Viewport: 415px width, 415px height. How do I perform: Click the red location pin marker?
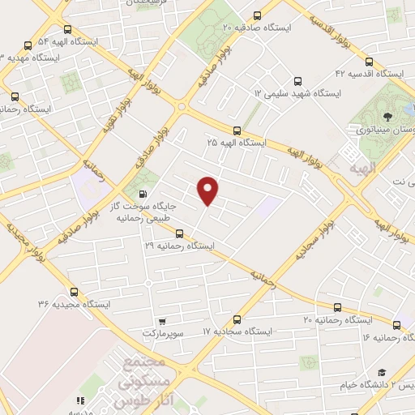click(x=208, y=190)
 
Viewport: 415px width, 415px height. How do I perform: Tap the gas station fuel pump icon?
click(x=143, y=194)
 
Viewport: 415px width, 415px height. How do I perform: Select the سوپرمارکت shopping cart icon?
click(x=162, y=320)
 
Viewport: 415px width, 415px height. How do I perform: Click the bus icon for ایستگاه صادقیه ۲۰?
click(x=258, y=15)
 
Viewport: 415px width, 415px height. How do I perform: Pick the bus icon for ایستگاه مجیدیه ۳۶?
click(x=75, y=292)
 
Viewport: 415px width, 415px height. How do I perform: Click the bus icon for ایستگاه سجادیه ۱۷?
click(x=237, y=319)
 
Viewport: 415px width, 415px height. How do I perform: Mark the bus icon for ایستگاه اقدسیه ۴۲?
click(x=370, y=61)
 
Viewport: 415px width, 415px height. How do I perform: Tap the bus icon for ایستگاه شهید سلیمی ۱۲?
click(x=297, y=81)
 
